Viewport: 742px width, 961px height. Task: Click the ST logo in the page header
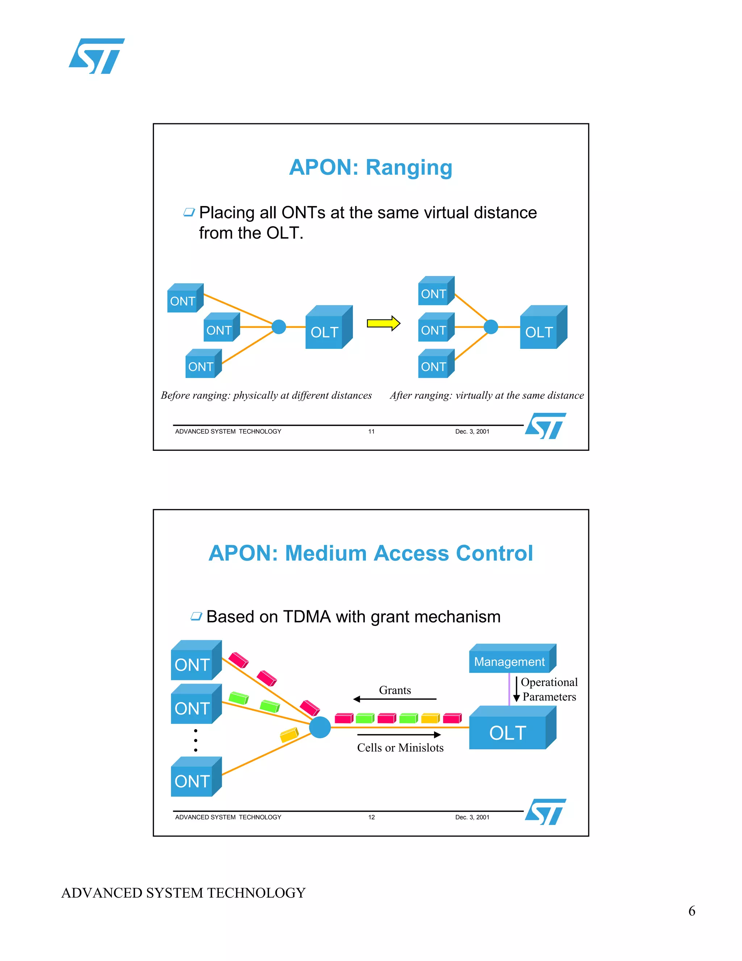click(97, 56)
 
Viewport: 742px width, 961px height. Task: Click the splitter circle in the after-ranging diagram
click(491, 327)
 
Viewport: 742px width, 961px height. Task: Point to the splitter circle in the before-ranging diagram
click(279, 327)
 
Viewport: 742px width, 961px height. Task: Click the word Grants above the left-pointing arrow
click(395, 690)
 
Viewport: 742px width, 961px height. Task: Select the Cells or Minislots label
click(400, 748)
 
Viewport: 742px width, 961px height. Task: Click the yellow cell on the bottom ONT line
click(289, 734)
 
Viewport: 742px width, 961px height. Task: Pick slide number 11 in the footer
click(371, 432)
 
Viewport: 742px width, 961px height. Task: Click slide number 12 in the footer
click(371, 817)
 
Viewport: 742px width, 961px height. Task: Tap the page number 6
click(691, 911)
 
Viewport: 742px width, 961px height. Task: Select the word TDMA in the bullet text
click(307, 617)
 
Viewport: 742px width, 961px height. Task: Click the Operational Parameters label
click(549, 689)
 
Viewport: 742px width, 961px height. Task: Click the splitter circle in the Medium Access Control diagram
click(320, 727)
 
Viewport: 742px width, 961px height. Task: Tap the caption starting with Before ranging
click(266, 395)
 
